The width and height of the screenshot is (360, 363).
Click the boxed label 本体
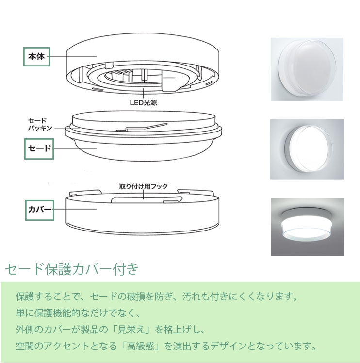tap(36, 57)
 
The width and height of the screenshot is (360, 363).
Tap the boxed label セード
tap(39, 149)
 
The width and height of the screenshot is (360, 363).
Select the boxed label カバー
tap(40, 210)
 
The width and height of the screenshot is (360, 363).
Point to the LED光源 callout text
tap(144, 102)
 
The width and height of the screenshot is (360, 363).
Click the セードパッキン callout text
tap(40, 124)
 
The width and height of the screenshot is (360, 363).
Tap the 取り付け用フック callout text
tap(144, 186)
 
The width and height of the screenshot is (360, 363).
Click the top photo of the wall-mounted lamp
tap(307, 69)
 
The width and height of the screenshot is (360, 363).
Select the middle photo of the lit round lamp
tap(307, 149)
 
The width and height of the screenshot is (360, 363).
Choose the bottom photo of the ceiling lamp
tap(308, 227)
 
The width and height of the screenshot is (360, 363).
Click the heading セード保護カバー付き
tap(72, 269)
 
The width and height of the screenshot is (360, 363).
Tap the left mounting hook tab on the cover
tap(85, 192)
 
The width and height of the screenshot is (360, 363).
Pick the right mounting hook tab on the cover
tap(195, 192)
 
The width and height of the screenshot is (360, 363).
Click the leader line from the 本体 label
tap(73, 56)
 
